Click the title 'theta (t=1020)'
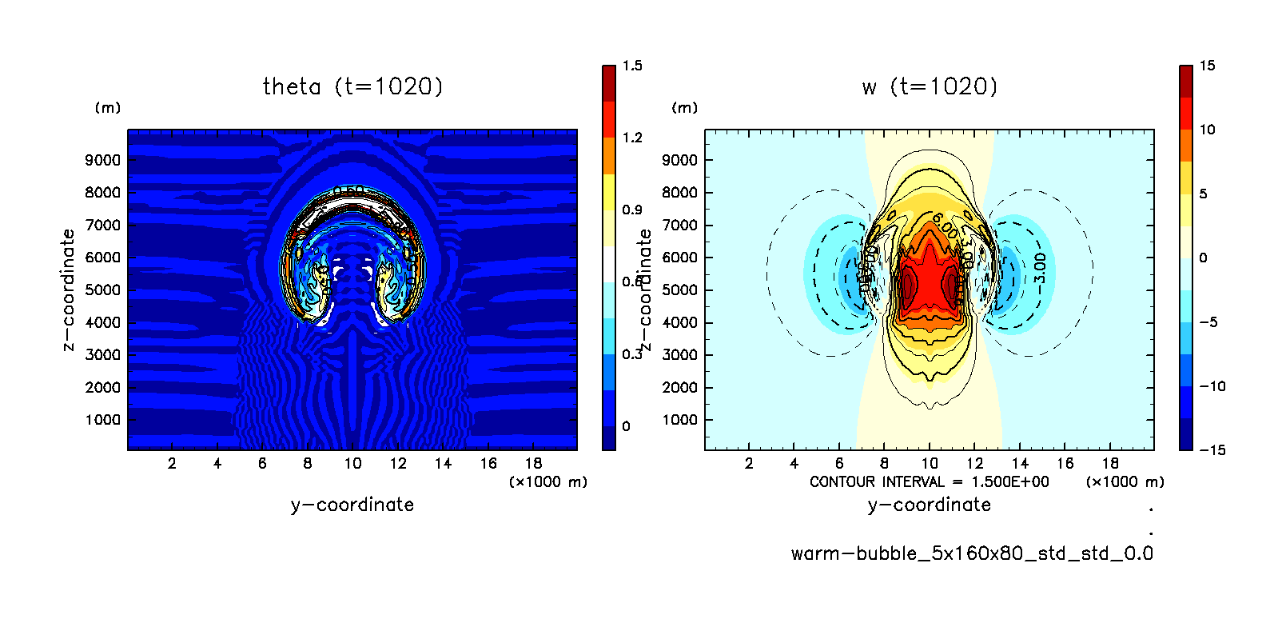pyautogui.click(x=352, y=86)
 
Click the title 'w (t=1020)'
pyautogui.click(x=930, y=86)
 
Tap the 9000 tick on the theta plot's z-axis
pyautogui.click(x=103, y=160)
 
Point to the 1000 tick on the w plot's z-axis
pyautogui.click(x=680, y=420)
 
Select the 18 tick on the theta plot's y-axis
pyautogui.click(x=533, y=463)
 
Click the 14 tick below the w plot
pyautogui.click(x=1020, y=463)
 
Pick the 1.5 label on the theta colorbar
pyautogui.click(x=632, y=66)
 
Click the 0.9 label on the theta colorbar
pyautogui.click(x=632, y=210)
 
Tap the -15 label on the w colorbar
pyautogui.click(x=1212, y=450)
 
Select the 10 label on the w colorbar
pyautogui.click(x=1207, y=130)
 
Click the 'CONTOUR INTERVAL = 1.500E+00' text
pyautogui.click(x=929, y=481)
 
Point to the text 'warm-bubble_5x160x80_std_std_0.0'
pyautogui.click(x=972, y=553)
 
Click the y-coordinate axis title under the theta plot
pyautogui.click(x=352, y=505)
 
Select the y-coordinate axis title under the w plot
pyautogui.click(x=930, y=505)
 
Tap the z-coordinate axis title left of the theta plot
pyautogui.click(x=69, y=290)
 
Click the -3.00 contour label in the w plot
pyautogui.click(x=1039, y=269)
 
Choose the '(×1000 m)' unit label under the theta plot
pyautogui.click(x=548, y=481)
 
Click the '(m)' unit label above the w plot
pyautogui.click(x=684, y=108)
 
